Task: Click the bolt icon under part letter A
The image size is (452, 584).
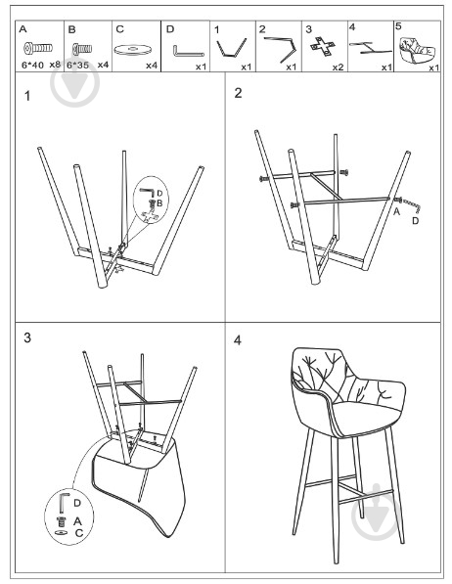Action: tap(37, 47)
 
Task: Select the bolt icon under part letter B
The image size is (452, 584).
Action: tap(82, 47)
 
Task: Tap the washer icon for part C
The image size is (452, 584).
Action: tap(135, 48)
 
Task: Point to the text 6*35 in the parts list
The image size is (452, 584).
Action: tap(78, 67)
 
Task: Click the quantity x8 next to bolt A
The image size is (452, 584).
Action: tap(55, 67)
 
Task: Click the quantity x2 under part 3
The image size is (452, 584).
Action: tap(337, 67)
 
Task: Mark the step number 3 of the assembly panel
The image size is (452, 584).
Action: tap(28, 337)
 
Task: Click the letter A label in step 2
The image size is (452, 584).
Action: tap(396, 211)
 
